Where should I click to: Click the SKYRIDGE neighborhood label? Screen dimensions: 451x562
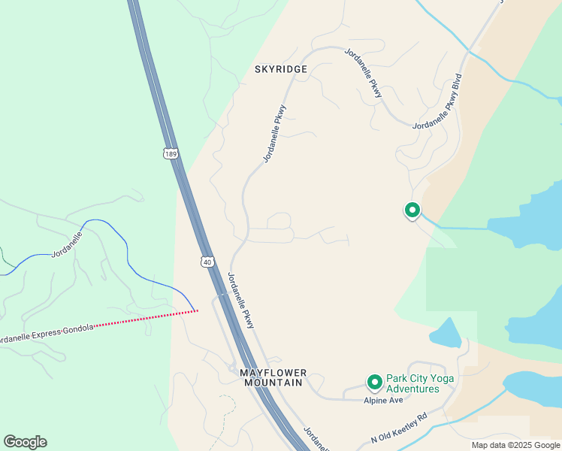(x=281, y=69)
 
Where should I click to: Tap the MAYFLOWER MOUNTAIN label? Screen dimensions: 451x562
(x=273, y=377)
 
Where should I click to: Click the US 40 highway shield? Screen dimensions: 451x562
(x=207, y=261)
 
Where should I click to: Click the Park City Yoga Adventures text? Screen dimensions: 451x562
(x=412, y=383)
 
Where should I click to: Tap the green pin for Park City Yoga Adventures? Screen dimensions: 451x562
(x=374, y=383)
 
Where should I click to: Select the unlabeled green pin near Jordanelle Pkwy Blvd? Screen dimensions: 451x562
(x=412, y=210)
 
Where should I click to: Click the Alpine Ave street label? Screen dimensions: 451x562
(x=383, y=401)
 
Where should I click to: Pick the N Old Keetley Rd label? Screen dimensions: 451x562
(x=398, y=428)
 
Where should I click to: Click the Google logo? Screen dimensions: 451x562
(x=25, y=442)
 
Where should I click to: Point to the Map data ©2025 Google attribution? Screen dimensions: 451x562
(x=516, y=445)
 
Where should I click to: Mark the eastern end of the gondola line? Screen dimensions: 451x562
(x=197, y=310)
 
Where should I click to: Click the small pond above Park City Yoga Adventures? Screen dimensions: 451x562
(x=446, y=333)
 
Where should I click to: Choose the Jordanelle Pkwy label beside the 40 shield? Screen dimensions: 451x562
(x=240, y=300)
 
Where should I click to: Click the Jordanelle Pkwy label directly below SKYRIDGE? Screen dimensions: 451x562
(x=275, y=134)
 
